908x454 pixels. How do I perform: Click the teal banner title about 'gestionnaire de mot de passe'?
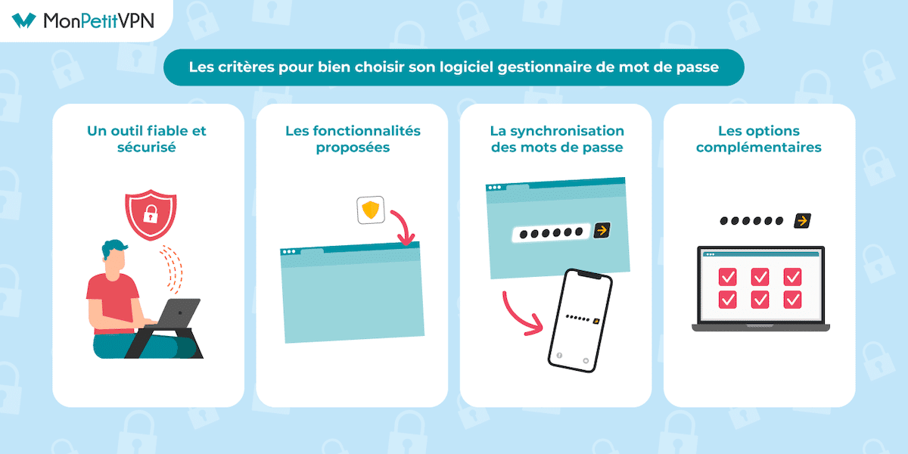pos(454,67)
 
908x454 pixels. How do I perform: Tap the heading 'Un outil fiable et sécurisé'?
pos(147,139)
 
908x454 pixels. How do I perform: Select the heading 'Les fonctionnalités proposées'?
pos(353,139)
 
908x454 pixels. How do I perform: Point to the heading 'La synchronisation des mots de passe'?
pos(557,139)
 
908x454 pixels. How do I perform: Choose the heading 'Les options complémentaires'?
pos(759,139)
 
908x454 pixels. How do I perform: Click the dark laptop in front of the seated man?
pos(181,311)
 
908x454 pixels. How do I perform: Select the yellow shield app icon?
pos(371,210)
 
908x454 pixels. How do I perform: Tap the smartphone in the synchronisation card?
pos(580,321)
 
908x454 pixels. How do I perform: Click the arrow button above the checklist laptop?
pos(801,221)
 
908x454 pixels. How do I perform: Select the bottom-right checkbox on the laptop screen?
pos(792,300)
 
